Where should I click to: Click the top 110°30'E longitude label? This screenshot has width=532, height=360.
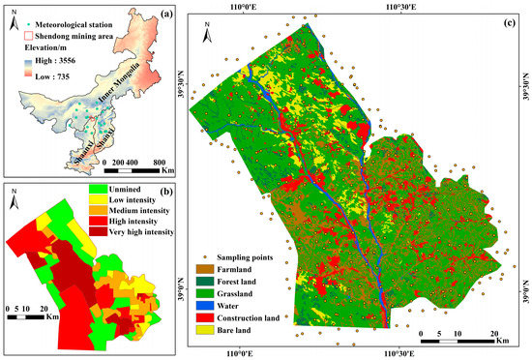pos(400,7)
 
